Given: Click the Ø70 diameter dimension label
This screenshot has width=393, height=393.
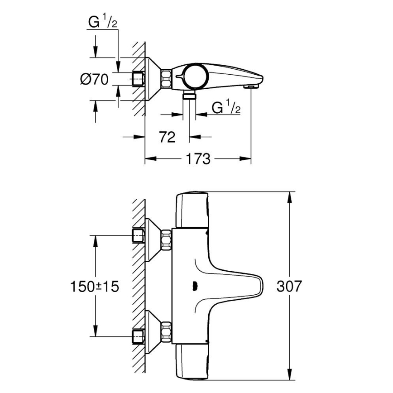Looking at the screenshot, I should point(94,80).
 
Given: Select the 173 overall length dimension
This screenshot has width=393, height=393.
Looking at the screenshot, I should point(198,159).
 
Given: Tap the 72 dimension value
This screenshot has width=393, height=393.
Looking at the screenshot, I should point(168,137).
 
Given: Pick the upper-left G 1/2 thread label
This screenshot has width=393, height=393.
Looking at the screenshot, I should point(102,23).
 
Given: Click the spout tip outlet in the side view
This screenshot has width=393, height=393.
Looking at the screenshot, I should point(250,86).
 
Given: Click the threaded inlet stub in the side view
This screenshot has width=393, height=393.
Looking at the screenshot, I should point(138,80).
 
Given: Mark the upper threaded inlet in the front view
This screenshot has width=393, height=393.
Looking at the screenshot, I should point(138,235).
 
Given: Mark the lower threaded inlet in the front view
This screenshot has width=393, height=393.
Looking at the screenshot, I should point(138,336).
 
